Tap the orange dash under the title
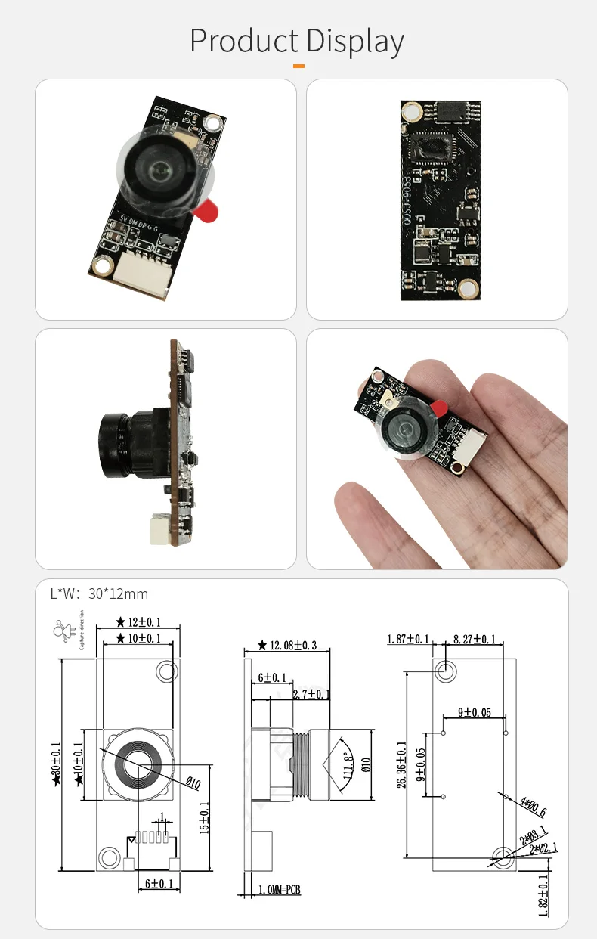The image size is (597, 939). pyautogui.click(x=298, y=67)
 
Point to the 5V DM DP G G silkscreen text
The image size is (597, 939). pyautogui.click(x=138, y=224)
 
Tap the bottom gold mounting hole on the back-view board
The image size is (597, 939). pyautogui.click(x=469, y=288)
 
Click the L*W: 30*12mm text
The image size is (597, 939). pyautogui.click(x=99, y=593)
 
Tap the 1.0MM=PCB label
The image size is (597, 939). pyautogui.click(x=280, y=890)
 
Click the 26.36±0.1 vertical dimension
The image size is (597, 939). pyautogui.click(x=401, y=764)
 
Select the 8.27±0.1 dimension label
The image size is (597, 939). pyautogui.click(x=475, y=640)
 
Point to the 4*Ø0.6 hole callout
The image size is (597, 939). pyautogui.click(x=533, y=807)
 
